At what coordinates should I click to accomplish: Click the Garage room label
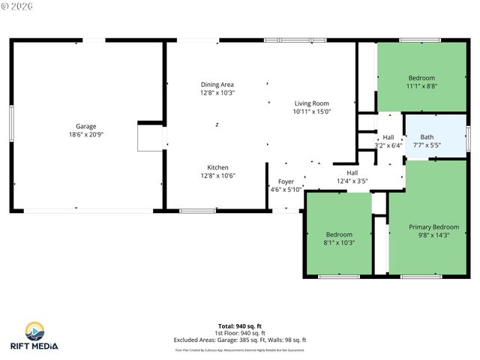[x=85, y=126]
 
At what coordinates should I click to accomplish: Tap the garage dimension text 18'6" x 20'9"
[x=85, y=134]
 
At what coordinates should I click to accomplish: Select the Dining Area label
[x=217, y=85]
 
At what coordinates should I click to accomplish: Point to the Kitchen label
[x=217, y=167]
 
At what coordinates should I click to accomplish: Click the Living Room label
[x=312, y=103]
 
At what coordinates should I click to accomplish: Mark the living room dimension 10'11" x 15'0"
[x=312, y=112]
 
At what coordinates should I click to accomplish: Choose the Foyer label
[x=286, y=181]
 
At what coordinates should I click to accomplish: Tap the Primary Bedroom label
[x=433, y=226]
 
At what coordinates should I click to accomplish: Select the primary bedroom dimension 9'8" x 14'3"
[x=433, y=235]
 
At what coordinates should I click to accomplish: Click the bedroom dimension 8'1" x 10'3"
[x=338, y=242]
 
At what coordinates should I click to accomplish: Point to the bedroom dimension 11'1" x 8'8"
[x=421, y=86]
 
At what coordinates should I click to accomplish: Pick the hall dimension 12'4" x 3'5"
[x=352, y=181]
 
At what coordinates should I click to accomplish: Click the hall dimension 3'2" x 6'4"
[x=388, y=145]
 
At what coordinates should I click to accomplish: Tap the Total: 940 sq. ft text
[x=240, y=326]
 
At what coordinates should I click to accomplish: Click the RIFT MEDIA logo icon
[x=35, y=331]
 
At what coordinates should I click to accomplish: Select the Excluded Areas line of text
[x=240, y=340]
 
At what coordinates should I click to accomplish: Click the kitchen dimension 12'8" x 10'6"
[x=217, y=175]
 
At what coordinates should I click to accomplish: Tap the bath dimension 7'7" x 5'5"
[x=427, y=145]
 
